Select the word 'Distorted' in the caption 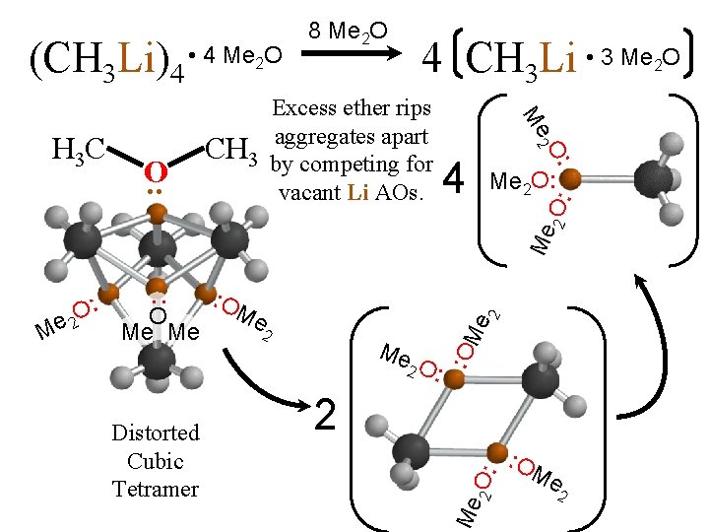155,432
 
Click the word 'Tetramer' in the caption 155,489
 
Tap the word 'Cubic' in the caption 155,461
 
